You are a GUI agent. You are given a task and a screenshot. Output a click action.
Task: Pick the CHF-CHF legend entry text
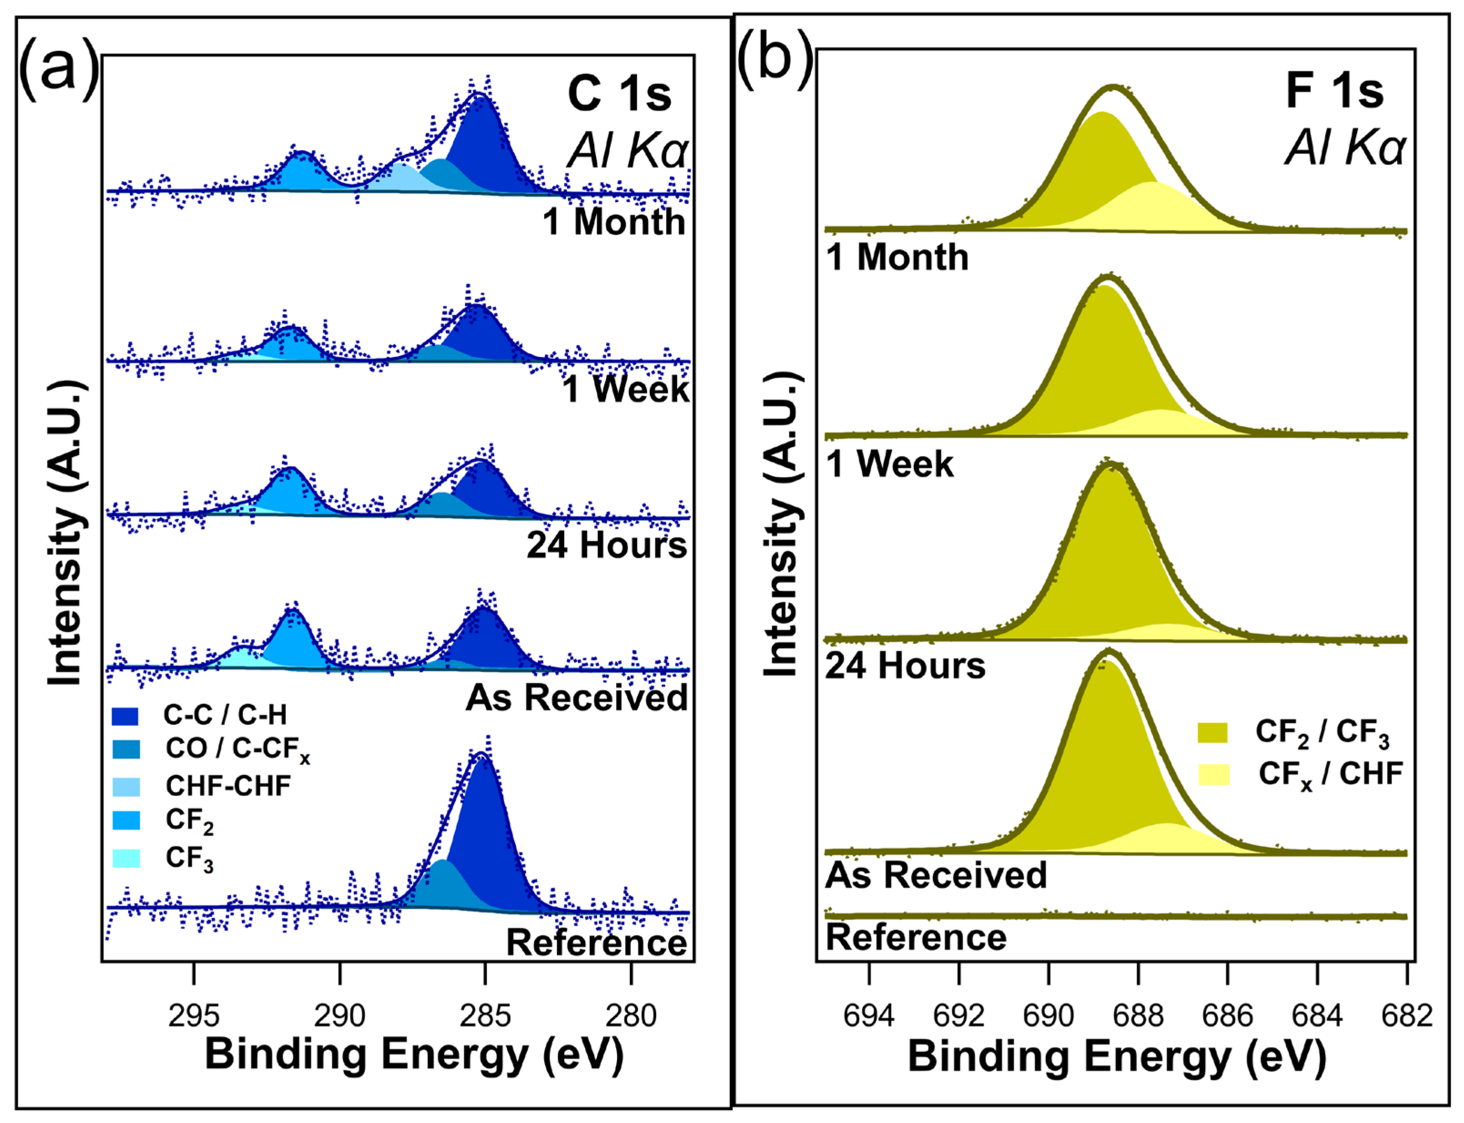(x=228, y=786)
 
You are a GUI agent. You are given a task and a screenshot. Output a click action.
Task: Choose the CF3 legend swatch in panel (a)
(x=126, y=858)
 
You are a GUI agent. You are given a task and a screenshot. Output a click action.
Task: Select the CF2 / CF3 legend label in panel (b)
(x=1322, y=733)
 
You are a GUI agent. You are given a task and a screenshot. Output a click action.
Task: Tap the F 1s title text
(x=1334, y=91)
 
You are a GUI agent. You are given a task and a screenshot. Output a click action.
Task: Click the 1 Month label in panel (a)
(x=614, y=222)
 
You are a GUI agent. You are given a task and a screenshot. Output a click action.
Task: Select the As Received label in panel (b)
(x=936, y=875)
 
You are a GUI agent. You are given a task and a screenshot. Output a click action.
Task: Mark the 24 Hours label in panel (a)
(x=607, y=545)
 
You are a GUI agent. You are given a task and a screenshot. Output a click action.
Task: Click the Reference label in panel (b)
(x=916, y=937)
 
